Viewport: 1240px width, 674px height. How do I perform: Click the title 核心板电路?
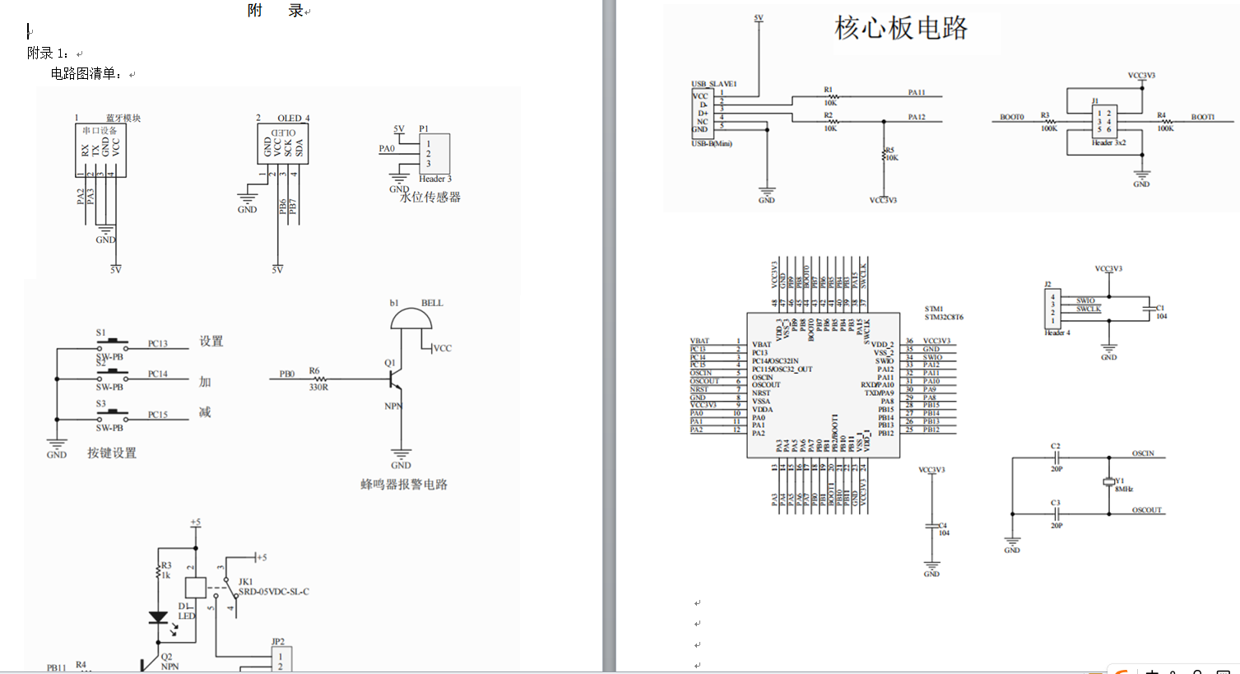tap(901, 28)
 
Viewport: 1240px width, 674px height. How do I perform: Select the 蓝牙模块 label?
tap(123, 118)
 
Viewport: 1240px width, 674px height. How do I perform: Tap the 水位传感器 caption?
tap(430, 197)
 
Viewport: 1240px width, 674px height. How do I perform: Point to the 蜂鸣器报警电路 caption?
tap(403, 484)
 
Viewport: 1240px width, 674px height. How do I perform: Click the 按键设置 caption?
tap(112, 453)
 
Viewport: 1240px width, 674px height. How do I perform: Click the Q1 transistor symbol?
tap(397, 379)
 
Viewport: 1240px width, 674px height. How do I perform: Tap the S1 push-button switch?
tap(111, 342)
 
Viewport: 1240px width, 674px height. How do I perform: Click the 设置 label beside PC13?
tap(211, 342)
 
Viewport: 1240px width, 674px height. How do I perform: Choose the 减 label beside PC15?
tap(205, 411)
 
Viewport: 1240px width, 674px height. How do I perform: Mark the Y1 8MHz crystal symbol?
tap(1108, 482)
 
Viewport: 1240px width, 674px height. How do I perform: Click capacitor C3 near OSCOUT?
tap(1056, 511)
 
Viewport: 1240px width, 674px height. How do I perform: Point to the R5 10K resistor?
tap(885, 155)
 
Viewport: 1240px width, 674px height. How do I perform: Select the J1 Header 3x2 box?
tap(1103, 121)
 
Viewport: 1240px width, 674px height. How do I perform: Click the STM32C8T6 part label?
tap(943, 317)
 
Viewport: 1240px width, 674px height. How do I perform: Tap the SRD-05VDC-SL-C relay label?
tap(274, 592)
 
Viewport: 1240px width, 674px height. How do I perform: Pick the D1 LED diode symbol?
tap(158, 618)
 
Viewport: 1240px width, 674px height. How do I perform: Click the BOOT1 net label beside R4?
tap(1202, 117)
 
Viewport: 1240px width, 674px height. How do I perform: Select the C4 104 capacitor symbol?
tap(931, 525)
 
